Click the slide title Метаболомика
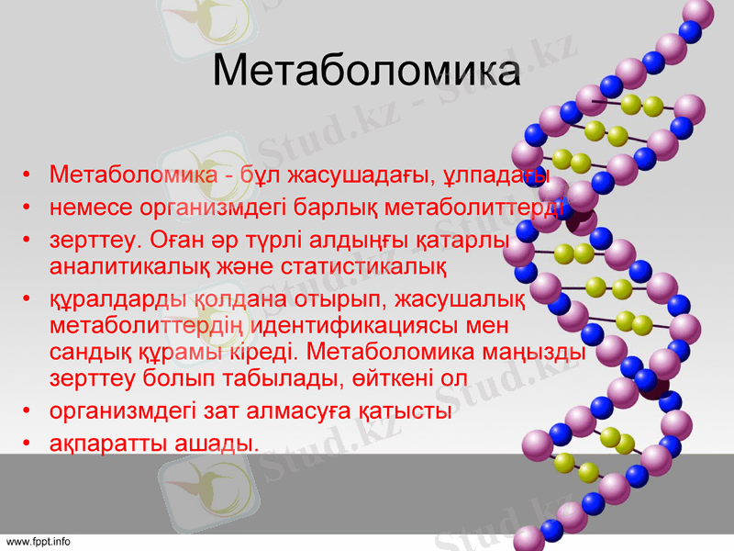[367, 72]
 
